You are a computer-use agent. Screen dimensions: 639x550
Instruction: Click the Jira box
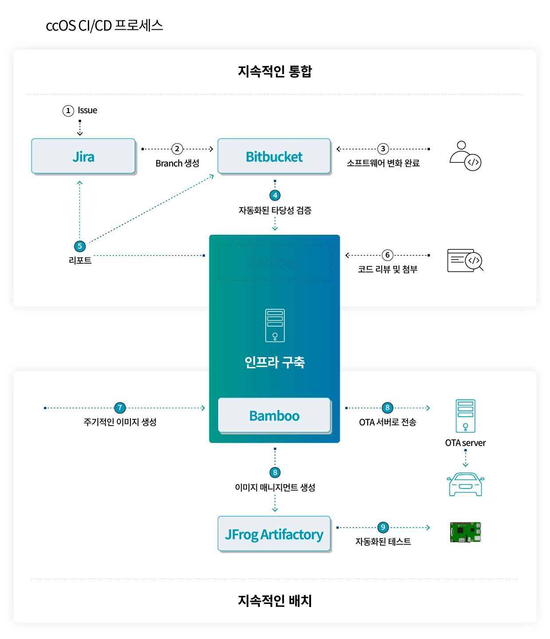pyautogui.click(x=83, y=156)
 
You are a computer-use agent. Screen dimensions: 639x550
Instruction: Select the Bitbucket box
pyautogui.click(x=274, y=156)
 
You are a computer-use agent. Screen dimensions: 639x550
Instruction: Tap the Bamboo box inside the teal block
pyautogui.click(x=274, y=415)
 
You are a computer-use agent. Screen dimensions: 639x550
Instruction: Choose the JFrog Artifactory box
pyautogui.click(x=274, y=534)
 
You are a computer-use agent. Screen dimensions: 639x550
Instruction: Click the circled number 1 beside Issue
pyautogui.click(x=68, y=110)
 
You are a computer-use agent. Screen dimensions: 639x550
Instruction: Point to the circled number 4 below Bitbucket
pyautogui.click(x=275, y=195)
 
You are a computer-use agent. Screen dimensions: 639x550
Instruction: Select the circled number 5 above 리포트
pyautogui.click(x=80, y=246)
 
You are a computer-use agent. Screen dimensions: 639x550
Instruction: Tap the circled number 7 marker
pyautogui.click(x=120, y=408)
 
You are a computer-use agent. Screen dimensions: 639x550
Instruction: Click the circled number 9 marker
pyautogui.click(x=383, y=527)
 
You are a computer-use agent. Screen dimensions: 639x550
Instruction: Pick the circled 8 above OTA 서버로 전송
pyautogui.click(x=387, y=408)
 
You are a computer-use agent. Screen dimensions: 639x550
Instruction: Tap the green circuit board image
pyautogui.click(x=465, y=532)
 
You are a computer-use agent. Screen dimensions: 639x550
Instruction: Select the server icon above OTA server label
pyautogui.click(x=465, y=416)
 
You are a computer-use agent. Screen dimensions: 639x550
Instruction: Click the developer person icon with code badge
pyautogui.click(x=465, y=156)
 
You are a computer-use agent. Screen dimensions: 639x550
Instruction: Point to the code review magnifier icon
pyautogui.click(x=465, y=260)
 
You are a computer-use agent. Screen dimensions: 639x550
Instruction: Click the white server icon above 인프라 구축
pyautogui.click(x=275, y=325)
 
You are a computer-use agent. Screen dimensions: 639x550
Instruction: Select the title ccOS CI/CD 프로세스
pyautogui.click(x=105, y=26)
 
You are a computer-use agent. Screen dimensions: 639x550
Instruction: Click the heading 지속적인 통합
pyautogui.click(x=275, y=71)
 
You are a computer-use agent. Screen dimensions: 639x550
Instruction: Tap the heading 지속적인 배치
pyautogui.click(x=275, y=600)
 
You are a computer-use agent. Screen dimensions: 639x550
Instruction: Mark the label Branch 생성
pyautogui.click(x=177, y=163)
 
